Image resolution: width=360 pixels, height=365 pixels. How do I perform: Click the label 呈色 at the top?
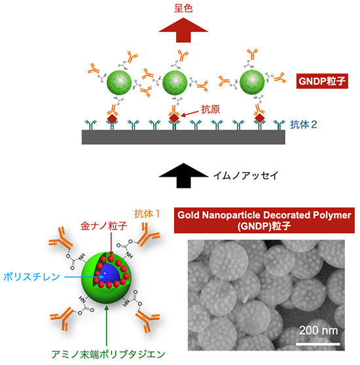coord(183,9)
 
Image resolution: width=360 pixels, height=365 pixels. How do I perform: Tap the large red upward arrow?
coord(183,30)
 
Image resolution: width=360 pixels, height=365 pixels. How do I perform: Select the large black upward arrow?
coord(183,175)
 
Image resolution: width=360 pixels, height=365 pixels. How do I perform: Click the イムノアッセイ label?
coord(246,175)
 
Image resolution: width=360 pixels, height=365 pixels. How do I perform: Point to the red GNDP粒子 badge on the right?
coord(322,81)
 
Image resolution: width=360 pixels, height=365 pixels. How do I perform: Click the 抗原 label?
coord(210,110)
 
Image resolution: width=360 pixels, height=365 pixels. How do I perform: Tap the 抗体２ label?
coord(304,125)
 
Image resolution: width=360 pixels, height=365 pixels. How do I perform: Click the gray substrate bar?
coord(183,137)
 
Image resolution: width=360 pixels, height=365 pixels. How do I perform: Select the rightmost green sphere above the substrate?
coord(252,82)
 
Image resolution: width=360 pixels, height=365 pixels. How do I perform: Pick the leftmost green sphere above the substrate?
coord(119,82)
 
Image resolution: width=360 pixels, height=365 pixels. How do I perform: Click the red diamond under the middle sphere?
coord(174,118)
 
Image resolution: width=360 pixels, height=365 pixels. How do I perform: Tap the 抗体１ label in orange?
coord(147,214)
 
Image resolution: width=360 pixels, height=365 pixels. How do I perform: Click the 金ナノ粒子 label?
coord(103,226)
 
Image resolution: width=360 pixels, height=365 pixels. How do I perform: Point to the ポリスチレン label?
coord(31,277)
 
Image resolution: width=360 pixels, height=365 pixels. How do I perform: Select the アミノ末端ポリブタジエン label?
coord(108,355)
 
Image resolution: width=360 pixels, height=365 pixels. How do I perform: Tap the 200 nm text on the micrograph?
coord(318,330)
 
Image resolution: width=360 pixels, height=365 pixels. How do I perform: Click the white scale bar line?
coord(318,343)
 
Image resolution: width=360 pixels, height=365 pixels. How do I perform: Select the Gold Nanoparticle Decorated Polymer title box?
coord(264,220)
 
